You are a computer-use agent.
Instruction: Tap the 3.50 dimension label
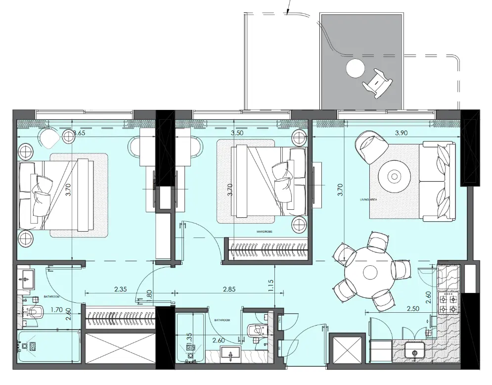(239, 133)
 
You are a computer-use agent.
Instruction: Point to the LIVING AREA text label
(368, 199)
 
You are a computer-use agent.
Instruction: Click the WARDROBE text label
(265, 231)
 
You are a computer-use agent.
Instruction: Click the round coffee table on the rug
(394, 176)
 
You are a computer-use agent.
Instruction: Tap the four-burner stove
(448, 303)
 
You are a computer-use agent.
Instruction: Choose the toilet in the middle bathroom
(257, 330)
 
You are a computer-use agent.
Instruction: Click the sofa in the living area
(437, 182)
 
